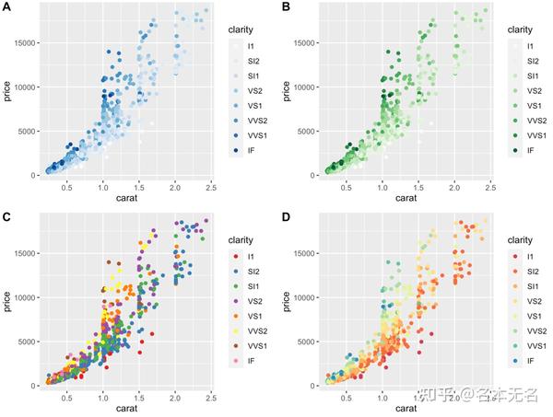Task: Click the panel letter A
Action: point(7,7)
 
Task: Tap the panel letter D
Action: point(285,217)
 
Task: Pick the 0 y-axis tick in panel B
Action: point(312,174)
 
